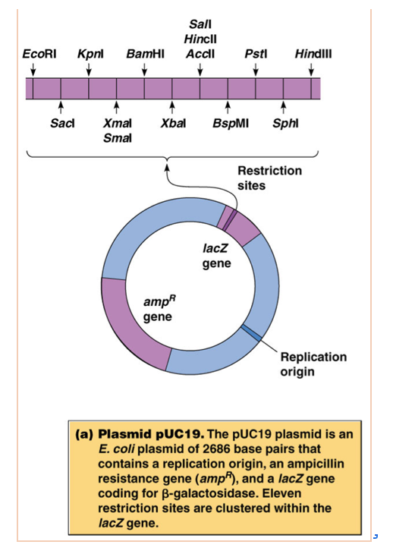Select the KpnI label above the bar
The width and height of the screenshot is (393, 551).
point(90,55)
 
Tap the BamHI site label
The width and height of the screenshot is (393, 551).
point(145,55)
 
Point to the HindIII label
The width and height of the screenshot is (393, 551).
point(312,55)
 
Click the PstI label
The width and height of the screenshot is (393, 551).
point(255,55)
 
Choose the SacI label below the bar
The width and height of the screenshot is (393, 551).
point(61,123)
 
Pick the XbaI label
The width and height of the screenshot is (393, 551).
point(174,123)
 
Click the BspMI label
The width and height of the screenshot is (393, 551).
point(228,123)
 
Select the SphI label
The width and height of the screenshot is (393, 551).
point(284,123)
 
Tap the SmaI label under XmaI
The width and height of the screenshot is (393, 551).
point(116,137)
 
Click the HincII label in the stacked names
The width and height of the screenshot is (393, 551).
point(200,40)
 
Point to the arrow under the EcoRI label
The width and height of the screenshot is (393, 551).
point(33,70)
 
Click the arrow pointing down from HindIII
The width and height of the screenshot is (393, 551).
point(312,70)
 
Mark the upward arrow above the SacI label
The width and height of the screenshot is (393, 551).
point(61,108)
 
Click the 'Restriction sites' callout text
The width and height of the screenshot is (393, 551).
point(269,178)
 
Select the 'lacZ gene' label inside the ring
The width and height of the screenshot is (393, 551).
point(216,256)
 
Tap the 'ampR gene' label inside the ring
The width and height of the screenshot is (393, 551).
point(157,307)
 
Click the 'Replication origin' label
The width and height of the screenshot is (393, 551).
point(313,364)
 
